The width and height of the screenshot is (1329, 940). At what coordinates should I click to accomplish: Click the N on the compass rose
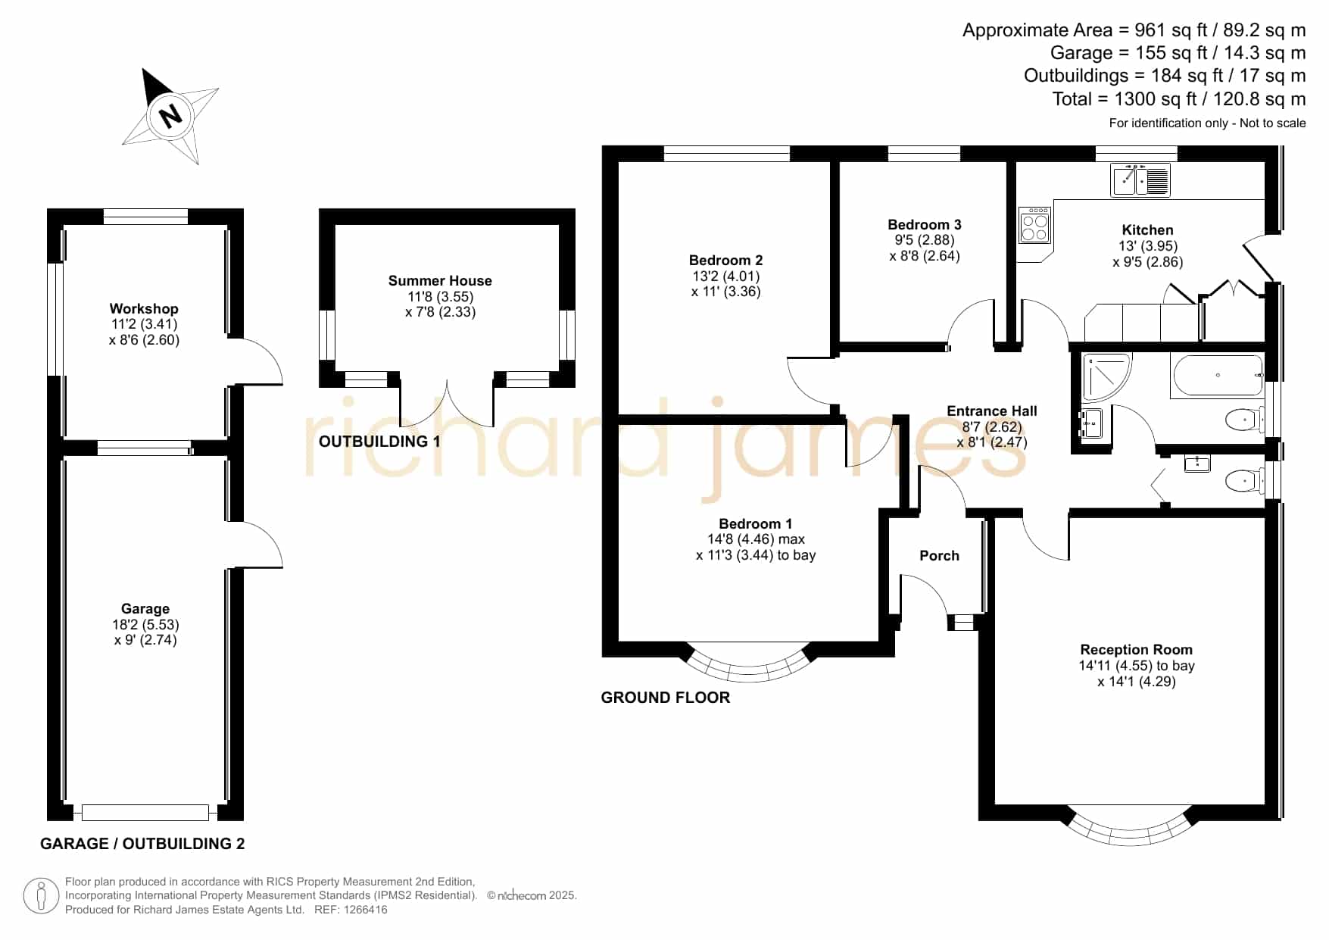pyautogui.click(x=171, y=116)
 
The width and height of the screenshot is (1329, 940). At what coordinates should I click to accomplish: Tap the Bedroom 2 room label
pyautogui.click(x=725, y=261)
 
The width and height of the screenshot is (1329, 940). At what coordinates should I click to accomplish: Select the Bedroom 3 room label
pyautogui.click(x=925, y=225)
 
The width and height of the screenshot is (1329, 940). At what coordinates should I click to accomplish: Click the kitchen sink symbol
pyautogui.click(x=1140, y=180)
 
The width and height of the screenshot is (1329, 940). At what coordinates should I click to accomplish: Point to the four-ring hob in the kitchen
pyautogui.click(x=1034, y=225)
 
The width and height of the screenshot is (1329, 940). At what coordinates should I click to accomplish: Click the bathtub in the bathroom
pyautogui.click(x=1217, y=376)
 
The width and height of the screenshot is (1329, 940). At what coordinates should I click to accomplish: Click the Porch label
pyautogui.click(x=939, y=556)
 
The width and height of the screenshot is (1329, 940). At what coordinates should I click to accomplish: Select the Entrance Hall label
pyautogui.click(x=992, y=411)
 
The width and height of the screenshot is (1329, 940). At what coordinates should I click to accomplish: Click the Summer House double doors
pyautogui.click(x=448, y=401)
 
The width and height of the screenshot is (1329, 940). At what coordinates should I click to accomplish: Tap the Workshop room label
pyautogui.click(x=144, y=309)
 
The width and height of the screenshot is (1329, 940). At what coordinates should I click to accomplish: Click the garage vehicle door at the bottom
pyautogui.click(x=145, y=813)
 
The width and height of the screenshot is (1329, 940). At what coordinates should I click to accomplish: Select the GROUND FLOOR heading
pyautogui.click(x=666, y=698)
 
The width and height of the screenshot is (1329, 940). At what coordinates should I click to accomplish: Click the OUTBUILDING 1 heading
pyautogui.click(x=379, y=442)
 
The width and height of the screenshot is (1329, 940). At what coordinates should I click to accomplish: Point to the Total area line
pyautogui.click(x=1179, y=99)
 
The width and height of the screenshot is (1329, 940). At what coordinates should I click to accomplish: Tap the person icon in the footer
pyautogui.click(x=41, y=896)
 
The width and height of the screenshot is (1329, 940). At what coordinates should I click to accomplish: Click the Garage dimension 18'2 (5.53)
pyautogui.click(x=145, y=625)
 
